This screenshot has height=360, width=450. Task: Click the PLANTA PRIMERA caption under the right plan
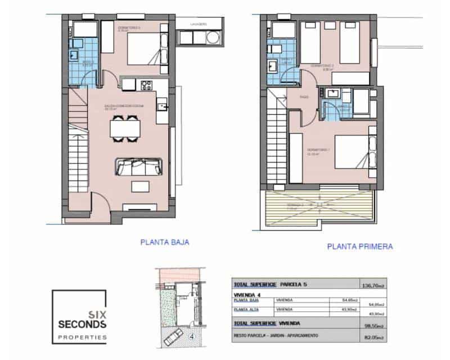click(359, 246)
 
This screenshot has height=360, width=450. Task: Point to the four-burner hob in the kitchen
click(146, 86)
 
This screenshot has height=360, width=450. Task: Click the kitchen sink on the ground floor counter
click(162, 105)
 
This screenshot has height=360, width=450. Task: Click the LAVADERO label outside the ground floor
click(199, 24)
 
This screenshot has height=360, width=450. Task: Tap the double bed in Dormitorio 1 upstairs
click(352, 151)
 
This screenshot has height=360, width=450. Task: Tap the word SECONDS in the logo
click(79, 325)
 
